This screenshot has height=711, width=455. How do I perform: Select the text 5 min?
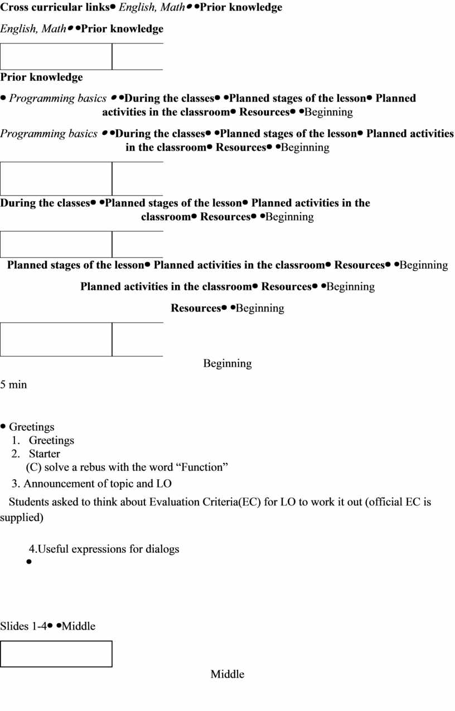click(13, 384)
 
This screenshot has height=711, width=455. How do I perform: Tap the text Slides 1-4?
click(23, 626)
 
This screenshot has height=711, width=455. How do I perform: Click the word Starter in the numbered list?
click(44, 454)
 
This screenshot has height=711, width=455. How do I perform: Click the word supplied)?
click(22, 517)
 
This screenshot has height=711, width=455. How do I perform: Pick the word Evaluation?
click(175, 502)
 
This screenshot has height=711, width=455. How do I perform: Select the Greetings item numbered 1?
click(51, 440)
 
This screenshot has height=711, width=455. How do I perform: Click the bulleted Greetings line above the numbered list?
click(31, 427)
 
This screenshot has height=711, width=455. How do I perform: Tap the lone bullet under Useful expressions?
click(29, 562)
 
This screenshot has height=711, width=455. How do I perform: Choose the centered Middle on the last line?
click(227, 674)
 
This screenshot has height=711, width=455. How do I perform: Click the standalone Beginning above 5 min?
click(227, 363)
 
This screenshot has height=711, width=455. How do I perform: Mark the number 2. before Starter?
click(16, 454)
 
